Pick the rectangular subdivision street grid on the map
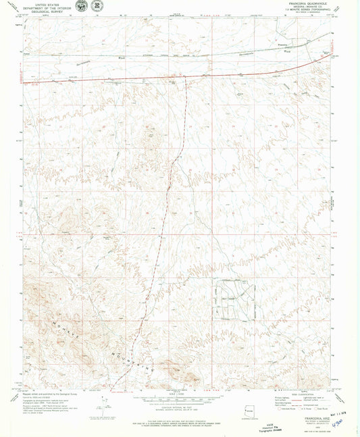[x=234, y=297]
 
